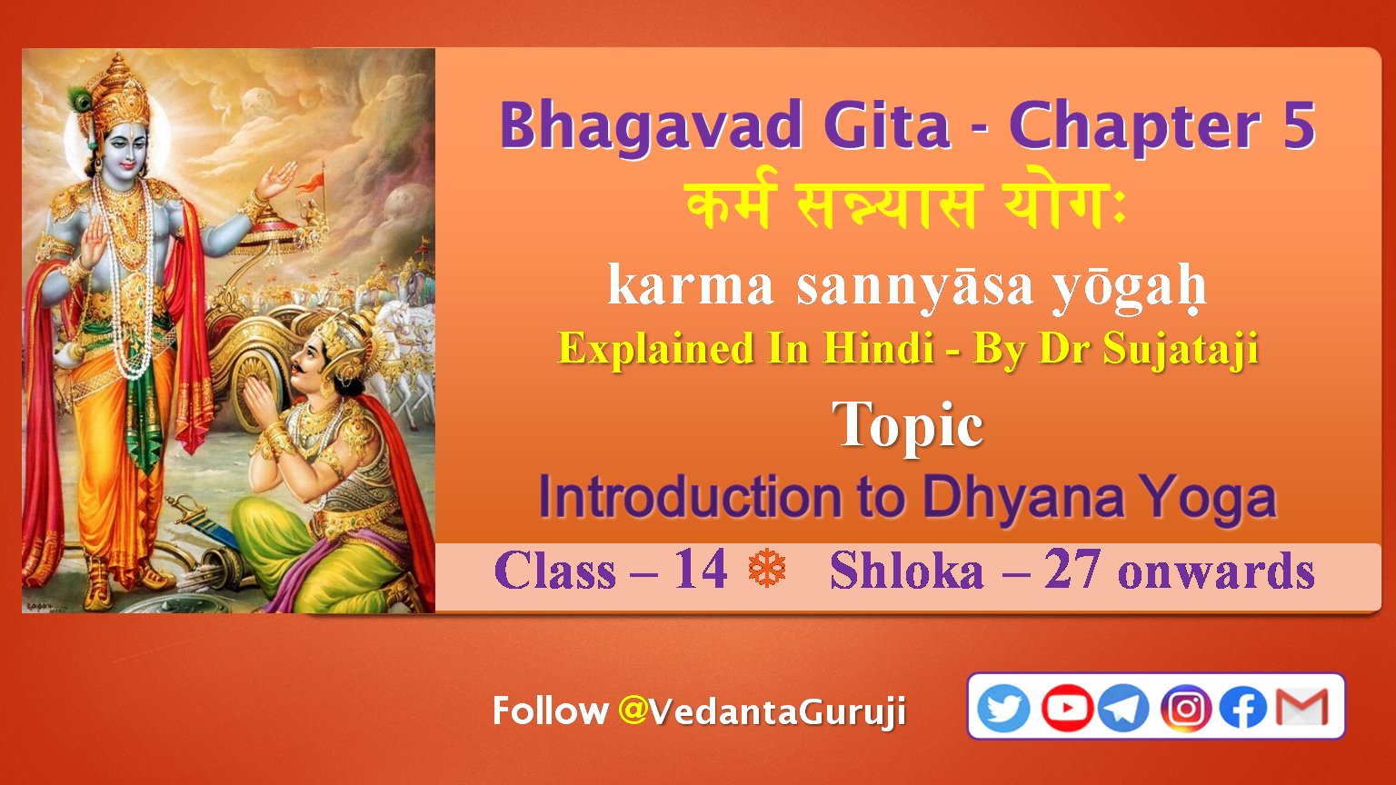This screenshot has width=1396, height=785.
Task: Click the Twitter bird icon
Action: [x=1003, y=708]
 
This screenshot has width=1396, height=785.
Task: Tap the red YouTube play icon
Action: [x=1067, y=708]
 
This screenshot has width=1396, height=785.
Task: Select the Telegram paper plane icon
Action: [x=1123, y=708]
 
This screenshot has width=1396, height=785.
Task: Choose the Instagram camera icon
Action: [x=1185, y=708]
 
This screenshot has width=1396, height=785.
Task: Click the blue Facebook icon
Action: [x=1242, y=708]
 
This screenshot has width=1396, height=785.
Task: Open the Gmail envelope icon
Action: [x=1301, y=707]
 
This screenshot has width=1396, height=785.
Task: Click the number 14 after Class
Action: [x=701, y=570]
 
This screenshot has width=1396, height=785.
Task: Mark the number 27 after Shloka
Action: [x=1072, y=570]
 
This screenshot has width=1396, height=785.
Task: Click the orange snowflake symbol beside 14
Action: [x=767, y=568]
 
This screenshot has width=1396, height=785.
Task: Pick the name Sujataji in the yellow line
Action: [x=1181, y=350]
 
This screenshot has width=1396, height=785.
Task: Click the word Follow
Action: [x=550, y=710]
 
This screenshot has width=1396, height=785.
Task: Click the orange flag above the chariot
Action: [x=309, y=182]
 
